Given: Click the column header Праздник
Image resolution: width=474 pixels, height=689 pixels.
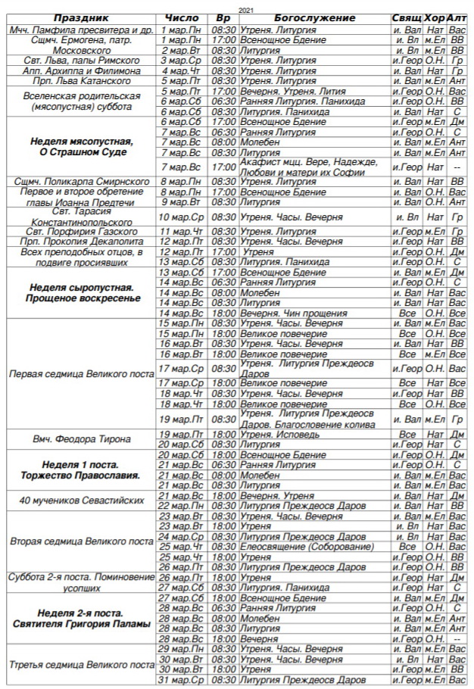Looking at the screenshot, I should [x=82, y=17].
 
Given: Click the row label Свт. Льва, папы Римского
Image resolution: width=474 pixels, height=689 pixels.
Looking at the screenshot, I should [x=82, y=61].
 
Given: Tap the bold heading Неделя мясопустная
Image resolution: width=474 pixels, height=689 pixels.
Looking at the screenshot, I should [x=82, y=142].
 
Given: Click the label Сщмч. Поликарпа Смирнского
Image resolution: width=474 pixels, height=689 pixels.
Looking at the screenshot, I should [x=82, y=182].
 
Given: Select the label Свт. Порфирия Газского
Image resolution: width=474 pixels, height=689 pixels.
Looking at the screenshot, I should [x=82, y=232].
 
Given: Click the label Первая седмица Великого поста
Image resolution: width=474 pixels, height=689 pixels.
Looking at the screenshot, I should [x=82, y=374].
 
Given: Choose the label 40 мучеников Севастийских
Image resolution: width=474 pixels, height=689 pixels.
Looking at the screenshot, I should [x=82, y=500].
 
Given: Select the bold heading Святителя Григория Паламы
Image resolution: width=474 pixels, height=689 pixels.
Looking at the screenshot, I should [x=82, y=624].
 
